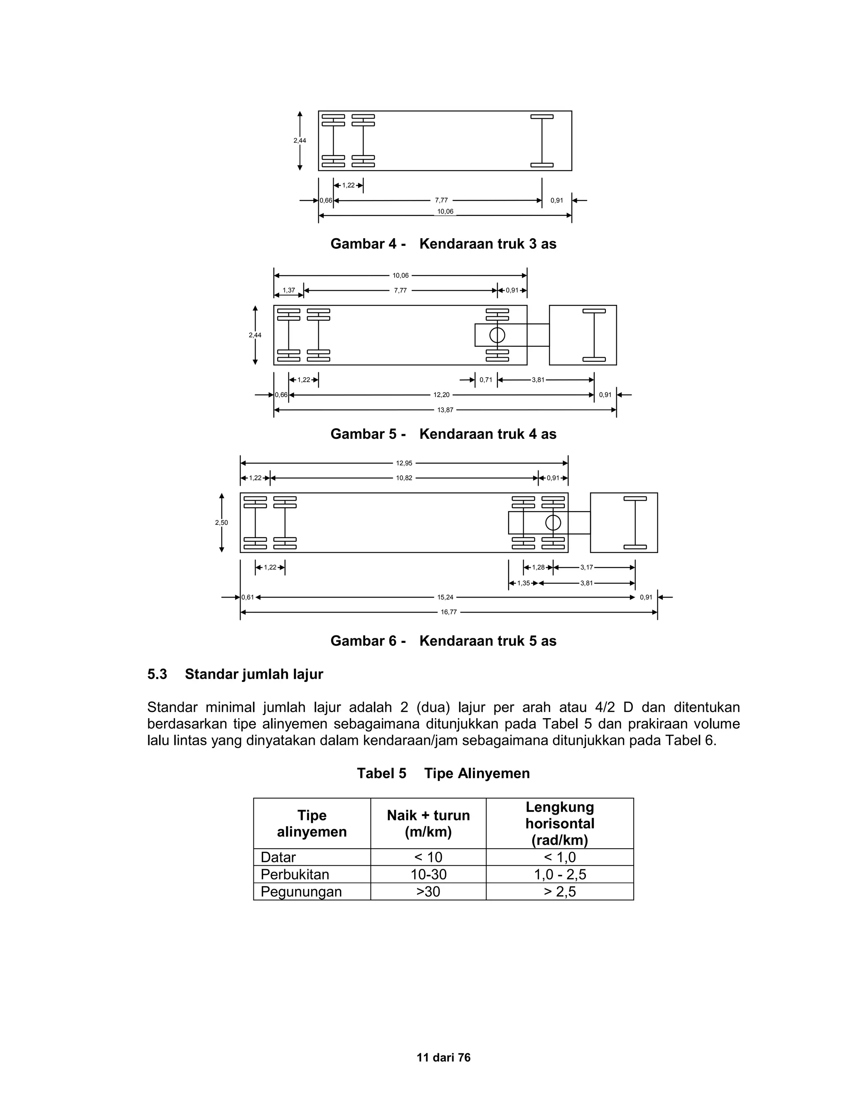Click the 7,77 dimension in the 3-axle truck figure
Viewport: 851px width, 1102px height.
pos(441,200)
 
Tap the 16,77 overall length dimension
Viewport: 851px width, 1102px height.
pos(449,612)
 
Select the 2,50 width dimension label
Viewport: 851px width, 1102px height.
pos(221,523)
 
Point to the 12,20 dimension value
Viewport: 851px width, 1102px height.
pos(441,395)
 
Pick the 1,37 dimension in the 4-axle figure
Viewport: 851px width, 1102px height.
pos(289,290)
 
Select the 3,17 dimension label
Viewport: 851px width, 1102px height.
pos(586,568)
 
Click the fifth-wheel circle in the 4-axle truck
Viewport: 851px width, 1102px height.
pos(497,335)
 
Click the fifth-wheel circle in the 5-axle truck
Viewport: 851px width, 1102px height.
pos(553,523)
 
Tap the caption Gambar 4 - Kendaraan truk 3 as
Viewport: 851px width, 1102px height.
pos(443,244)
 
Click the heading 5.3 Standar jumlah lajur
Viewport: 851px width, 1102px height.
pos(235,674)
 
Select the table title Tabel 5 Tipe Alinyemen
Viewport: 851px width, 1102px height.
pos(443,773)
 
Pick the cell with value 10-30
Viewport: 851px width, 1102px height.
pos(428,875)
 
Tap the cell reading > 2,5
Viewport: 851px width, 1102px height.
pos(560,892)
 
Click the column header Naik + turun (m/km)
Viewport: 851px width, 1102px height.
pos(428,823)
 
